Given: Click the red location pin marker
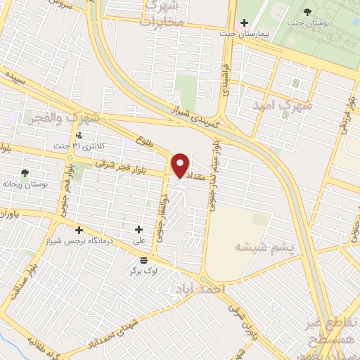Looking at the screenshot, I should [181, 165].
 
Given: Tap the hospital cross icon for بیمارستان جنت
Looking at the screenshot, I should [244, 23].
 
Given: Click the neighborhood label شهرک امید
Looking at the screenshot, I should [284, 105].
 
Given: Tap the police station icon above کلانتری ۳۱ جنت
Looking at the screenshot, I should [79, 135].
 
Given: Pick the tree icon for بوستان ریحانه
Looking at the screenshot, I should [26, 173].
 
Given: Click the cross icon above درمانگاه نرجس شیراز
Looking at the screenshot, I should [79, 229].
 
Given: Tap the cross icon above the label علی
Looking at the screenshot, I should [139, 229].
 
